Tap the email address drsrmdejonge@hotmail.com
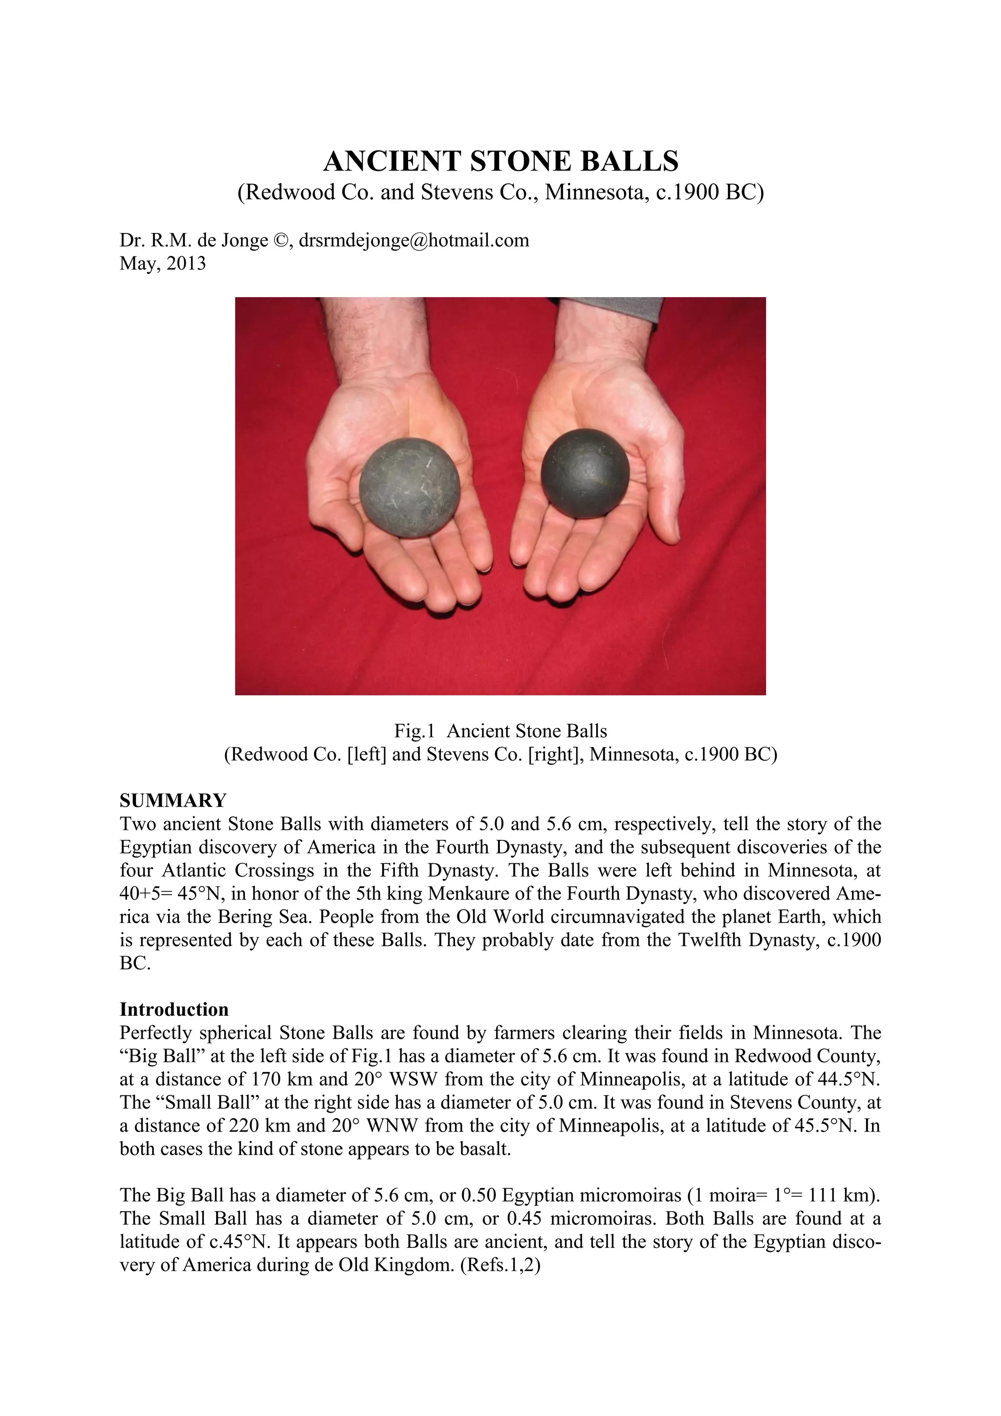(x=414, y=240)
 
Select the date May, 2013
(x=163, y=263)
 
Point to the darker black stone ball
(x=585, y=473)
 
